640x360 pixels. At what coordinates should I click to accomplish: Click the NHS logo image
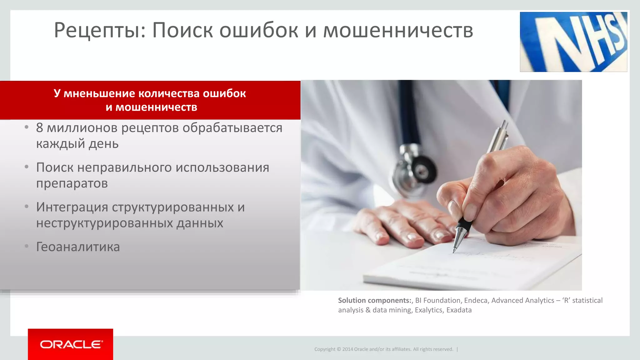click(573, 42)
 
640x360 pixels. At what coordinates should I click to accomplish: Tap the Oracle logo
click(71, 344)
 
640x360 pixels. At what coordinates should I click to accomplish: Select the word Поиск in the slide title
click(182, 31)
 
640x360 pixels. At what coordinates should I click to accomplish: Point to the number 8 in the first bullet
click(39, 128)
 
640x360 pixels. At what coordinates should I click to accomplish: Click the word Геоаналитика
click(78, 247)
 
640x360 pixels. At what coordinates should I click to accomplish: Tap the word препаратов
click(72, 183)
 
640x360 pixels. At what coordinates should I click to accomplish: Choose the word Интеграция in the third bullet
click(72, 207)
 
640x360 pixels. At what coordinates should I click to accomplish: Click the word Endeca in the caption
click(476, 300)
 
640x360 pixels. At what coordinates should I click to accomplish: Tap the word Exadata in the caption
click(459, 310)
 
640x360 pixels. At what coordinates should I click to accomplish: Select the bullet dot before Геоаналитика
click(27, 247)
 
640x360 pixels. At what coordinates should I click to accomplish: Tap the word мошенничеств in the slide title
click(398, 31)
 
